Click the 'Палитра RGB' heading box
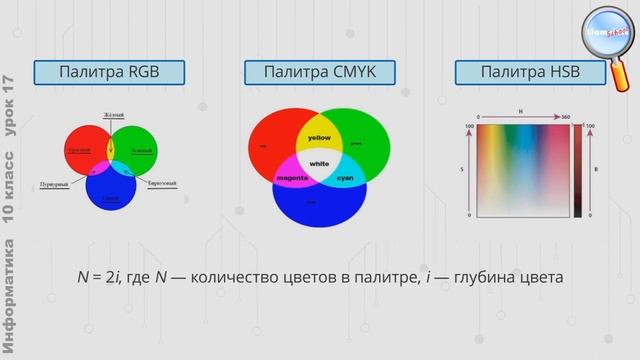(109, 72)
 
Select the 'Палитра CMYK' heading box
(319, 72)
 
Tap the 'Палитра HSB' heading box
(529, 72)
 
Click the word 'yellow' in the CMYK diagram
(319, 137)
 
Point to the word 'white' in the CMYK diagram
(319, 163)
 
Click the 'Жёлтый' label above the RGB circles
(112, 116)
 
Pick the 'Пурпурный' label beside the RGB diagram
(54, 185)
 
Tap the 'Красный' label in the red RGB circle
(79, 150)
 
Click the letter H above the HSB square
(521, 111)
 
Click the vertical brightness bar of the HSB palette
(578, 170)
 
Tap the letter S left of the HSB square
(462, 170)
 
